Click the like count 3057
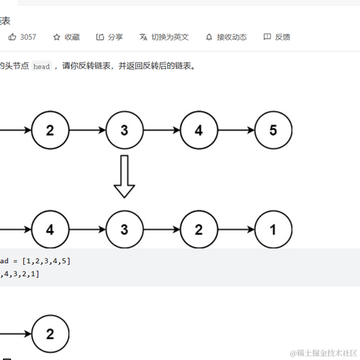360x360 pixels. [28, 37]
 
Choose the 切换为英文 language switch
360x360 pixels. [164, 37]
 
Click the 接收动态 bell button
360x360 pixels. [226, 37]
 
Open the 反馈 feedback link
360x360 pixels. [277, 37]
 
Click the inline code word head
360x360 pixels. [41, 67]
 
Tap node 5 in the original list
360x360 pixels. [273, 130]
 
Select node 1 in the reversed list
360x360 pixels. [273, 229]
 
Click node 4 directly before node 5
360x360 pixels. [199, 130]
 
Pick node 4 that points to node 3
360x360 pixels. [50, 229]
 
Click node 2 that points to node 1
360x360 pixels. [199, 229]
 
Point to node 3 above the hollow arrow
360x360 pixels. [124, 130]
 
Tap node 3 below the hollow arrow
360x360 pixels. [124, 229]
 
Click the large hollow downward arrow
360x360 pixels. [124, 176]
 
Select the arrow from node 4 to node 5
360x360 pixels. [235, 130]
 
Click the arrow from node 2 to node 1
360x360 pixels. [235, 229]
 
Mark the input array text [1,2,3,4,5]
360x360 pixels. [46, 261]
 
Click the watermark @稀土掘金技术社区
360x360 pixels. [323, 352]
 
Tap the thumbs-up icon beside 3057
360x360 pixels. [12, 37]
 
